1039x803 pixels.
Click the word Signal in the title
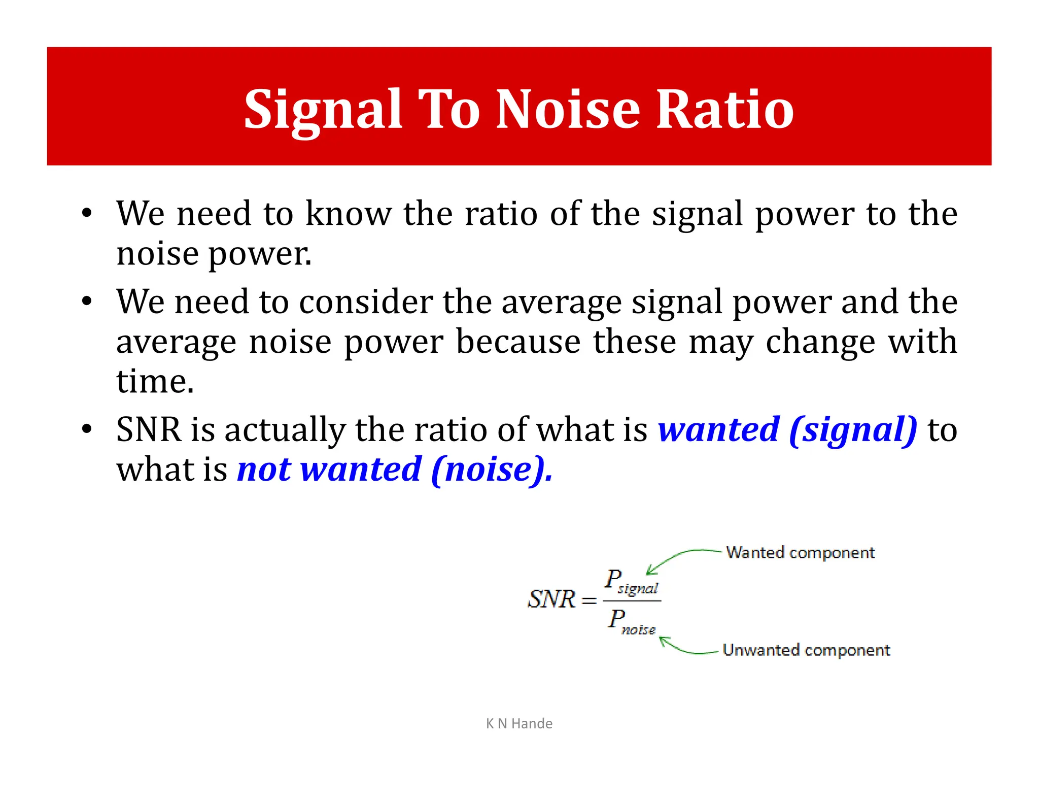323,109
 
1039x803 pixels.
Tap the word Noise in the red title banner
568,109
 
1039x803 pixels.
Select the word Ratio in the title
725,109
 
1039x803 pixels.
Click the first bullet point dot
87,213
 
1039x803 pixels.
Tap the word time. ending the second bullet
155,381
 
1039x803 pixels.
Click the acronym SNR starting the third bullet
148,430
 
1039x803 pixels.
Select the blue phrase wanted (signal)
787,430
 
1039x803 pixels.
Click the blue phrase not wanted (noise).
395,470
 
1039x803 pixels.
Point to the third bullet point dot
87,429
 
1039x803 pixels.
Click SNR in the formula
551,599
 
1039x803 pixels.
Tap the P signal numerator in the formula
631,582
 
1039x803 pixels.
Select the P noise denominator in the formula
632,622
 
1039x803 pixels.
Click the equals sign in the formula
588,601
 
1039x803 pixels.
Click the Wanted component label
800,552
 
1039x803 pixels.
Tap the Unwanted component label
806,650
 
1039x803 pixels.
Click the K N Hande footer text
519,723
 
